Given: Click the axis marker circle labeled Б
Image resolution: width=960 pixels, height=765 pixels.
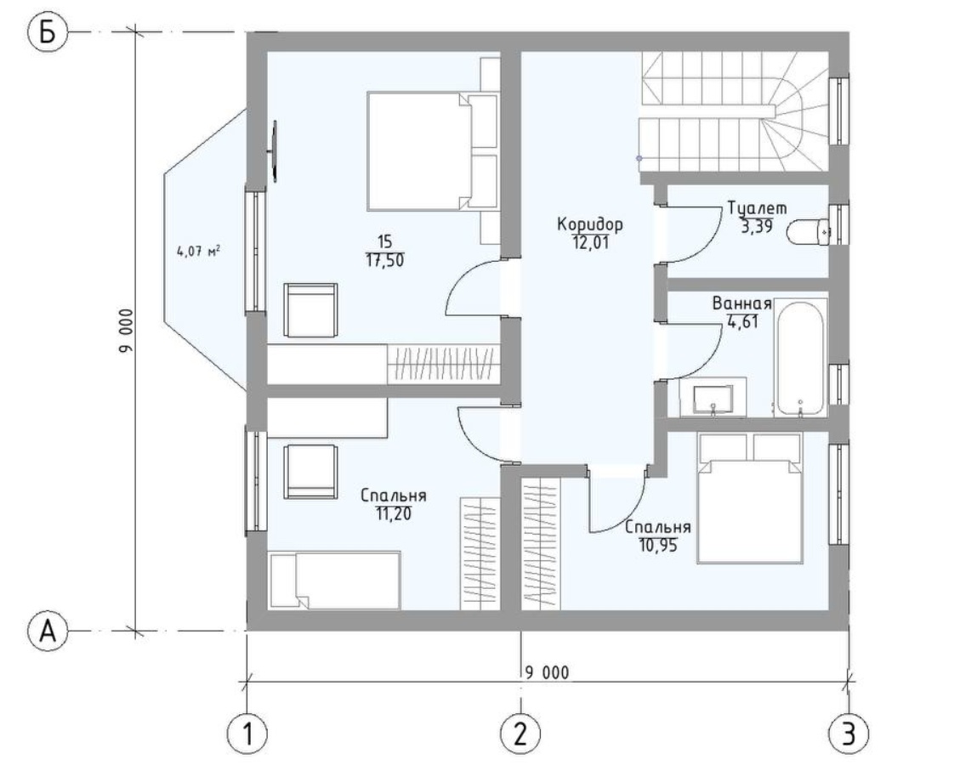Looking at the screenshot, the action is (x=48, y=32).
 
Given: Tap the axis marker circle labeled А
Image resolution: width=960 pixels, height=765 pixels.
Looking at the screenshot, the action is (x=48, y=631).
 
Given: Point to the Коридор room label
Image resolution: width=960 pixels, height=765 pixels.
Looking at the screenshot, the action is (x=590, y=224).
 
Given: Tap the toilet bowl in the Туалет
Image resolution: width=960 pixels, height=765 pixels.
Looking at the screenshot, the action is (x=808, y=232).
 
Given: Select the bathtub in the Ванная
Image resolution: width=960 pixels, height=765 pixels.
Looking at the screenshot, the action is (x=801, y=357).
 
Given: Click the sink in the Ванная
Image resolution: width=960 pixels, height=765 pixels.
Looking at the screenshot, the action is (x=713, y=399).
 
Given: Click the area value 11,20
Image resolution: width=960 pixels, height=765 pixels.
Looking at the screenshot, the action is (x=394, y=513).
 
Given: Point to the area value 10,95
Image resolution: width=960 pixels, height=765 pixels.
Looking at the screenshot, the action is (x=659, y=545).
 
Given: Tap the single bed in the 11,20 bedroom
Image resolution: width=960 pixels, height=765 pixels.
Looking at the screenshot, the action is (x=335, y=581).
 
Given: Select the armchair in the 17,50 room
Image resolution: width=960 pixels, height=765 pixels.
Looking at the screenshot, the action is (x=310, y=309).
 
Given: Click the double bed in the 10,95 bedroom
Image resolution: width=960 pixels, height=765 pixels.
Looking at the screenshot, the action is (x=749, y=498).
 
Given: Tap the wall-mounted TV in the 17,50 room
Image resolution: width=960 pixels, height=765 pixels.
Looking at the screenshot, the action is (x=275, y=151).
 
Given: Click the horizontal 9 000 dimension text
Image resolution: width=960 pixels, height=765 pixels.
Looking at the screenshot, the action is (x=547, y=672).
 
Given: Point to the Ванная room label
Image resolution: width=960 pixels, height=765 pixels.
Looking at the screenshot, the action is (x=741, y=304).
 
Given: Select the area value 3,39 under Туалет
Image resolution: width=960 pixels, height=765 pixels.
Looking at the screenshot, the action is (x=757, y=226).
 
